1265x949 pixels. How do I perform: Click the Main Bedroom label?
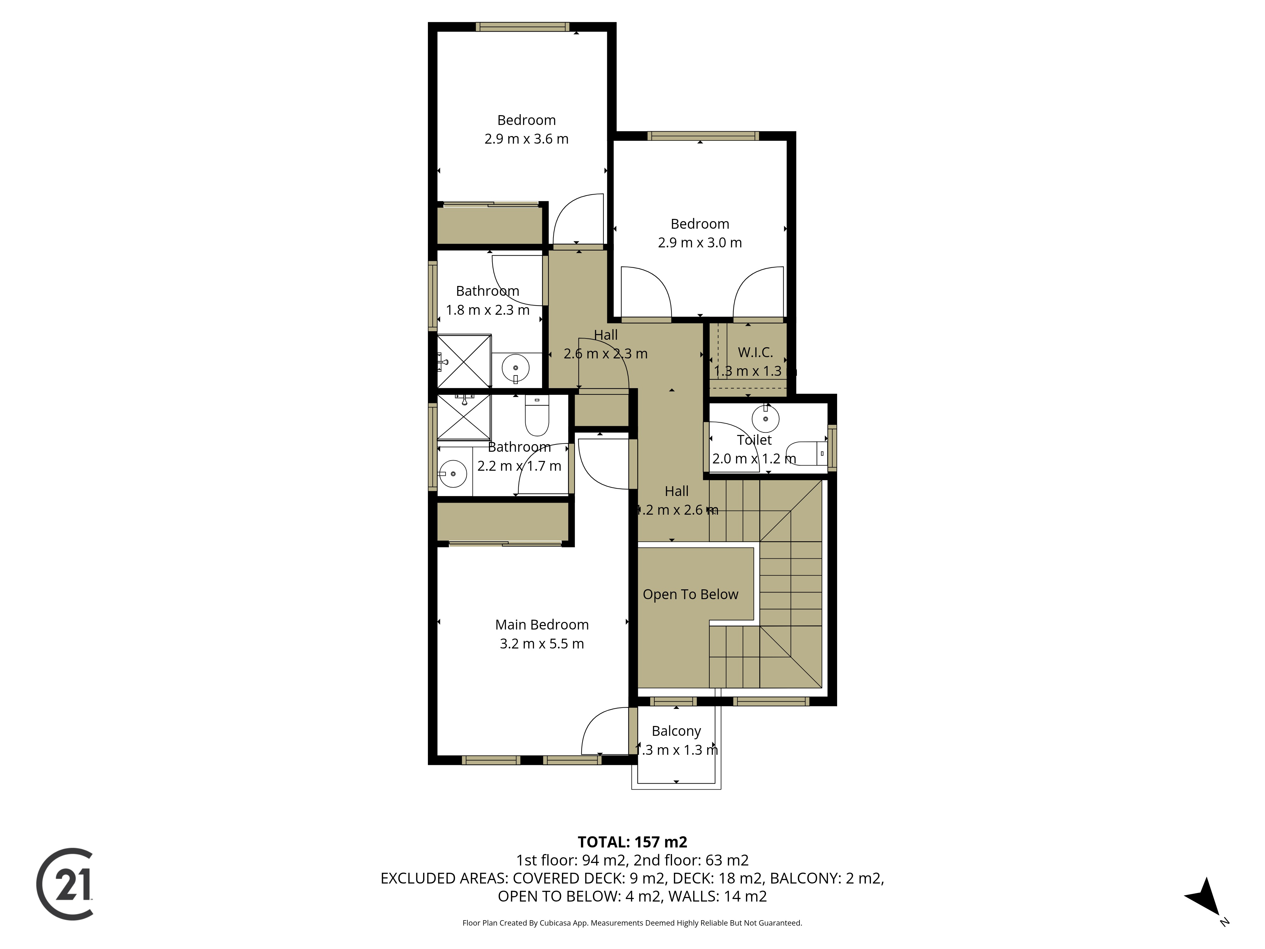541,625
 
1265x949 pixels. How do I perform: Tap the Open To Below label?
690,594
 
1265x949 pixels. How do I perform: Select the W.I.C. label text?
755,352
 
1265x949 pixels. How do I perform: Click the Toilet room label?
754,440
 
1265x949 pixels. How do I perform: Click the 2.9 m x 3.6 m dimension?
526,139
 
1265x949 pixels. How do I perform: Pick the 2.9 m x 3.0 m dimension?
700,243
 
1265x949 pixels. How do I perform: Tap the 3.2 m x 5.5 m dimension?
541,643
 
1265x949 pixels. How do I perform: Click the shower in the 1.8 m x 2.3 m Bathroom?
464,362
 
